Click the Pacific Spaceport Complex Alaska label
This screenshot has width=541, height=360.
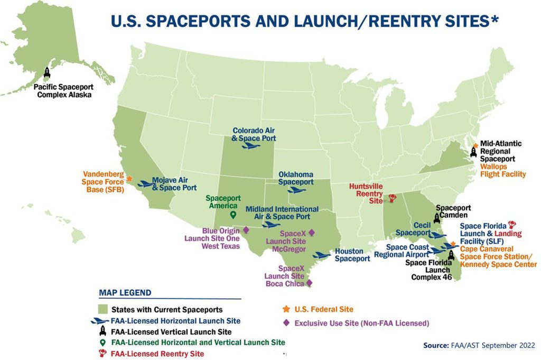pos(62,90)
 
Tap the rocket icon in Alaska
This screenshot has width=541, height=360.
pos(47,73)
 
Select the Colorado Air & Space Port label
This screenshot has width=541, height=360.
pos(254,134)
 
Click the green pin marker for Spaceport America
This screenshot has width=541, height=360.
pos(233,215)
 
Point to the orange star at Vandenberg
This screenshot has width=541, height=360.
pos(129,180)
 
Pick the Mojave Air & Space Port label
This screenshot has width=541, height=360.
pos(174,183)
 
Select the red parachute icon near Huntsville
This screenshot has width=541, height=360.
pos(392,199)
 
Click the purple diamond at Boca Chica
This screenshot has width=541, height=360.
pos(309,283)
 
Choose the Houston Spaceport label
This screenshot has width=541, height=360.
pos(352,255)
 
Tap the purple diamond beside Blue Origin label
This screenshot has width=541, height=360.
pos(246,230)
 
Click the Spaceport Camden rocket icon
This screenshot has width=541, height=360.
pos(437,217)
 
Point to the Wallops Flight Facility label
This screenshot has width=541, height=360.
pos(502,170)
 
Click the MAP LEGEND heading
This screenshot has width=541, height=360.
pos(125,292)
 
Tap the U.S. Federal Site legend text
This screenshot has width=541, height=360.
pos(324,309)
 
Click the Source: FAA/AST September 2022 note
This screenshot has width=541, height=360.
pos(479,345)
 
